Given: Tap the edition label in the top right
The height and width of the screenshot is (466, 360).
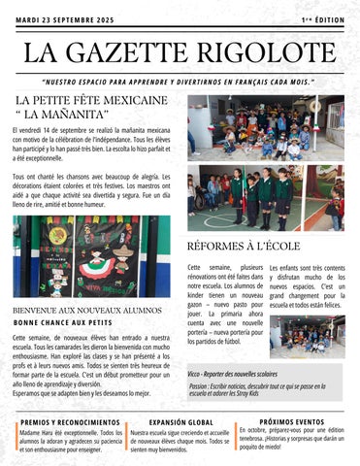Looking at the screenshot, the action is tap(322, 19).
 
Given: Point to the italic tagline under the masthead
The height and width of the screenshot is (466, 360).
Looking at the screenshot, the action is tap(180, 82).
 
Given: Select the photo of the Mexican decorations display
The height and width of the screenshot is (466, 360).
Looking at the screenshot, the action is tap(91, 256).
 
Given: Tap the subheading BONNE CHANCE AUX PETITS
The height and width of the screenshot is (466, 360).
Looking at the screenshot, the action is tap(63, 322).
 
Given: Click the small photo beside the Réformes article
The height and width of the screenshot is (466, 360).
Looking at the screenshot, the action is tap(309, 335).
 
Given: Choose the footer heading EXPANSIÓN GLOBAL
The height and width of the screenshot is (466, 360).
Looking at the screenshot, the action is tap(181, 422).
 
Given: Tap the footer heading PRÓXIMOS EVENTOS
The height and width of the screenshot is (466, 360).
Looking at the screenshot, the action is tap(291, 421).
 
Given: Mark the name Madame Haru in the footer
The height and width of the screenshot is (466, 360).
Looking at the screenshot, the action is tap(35, 433).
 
